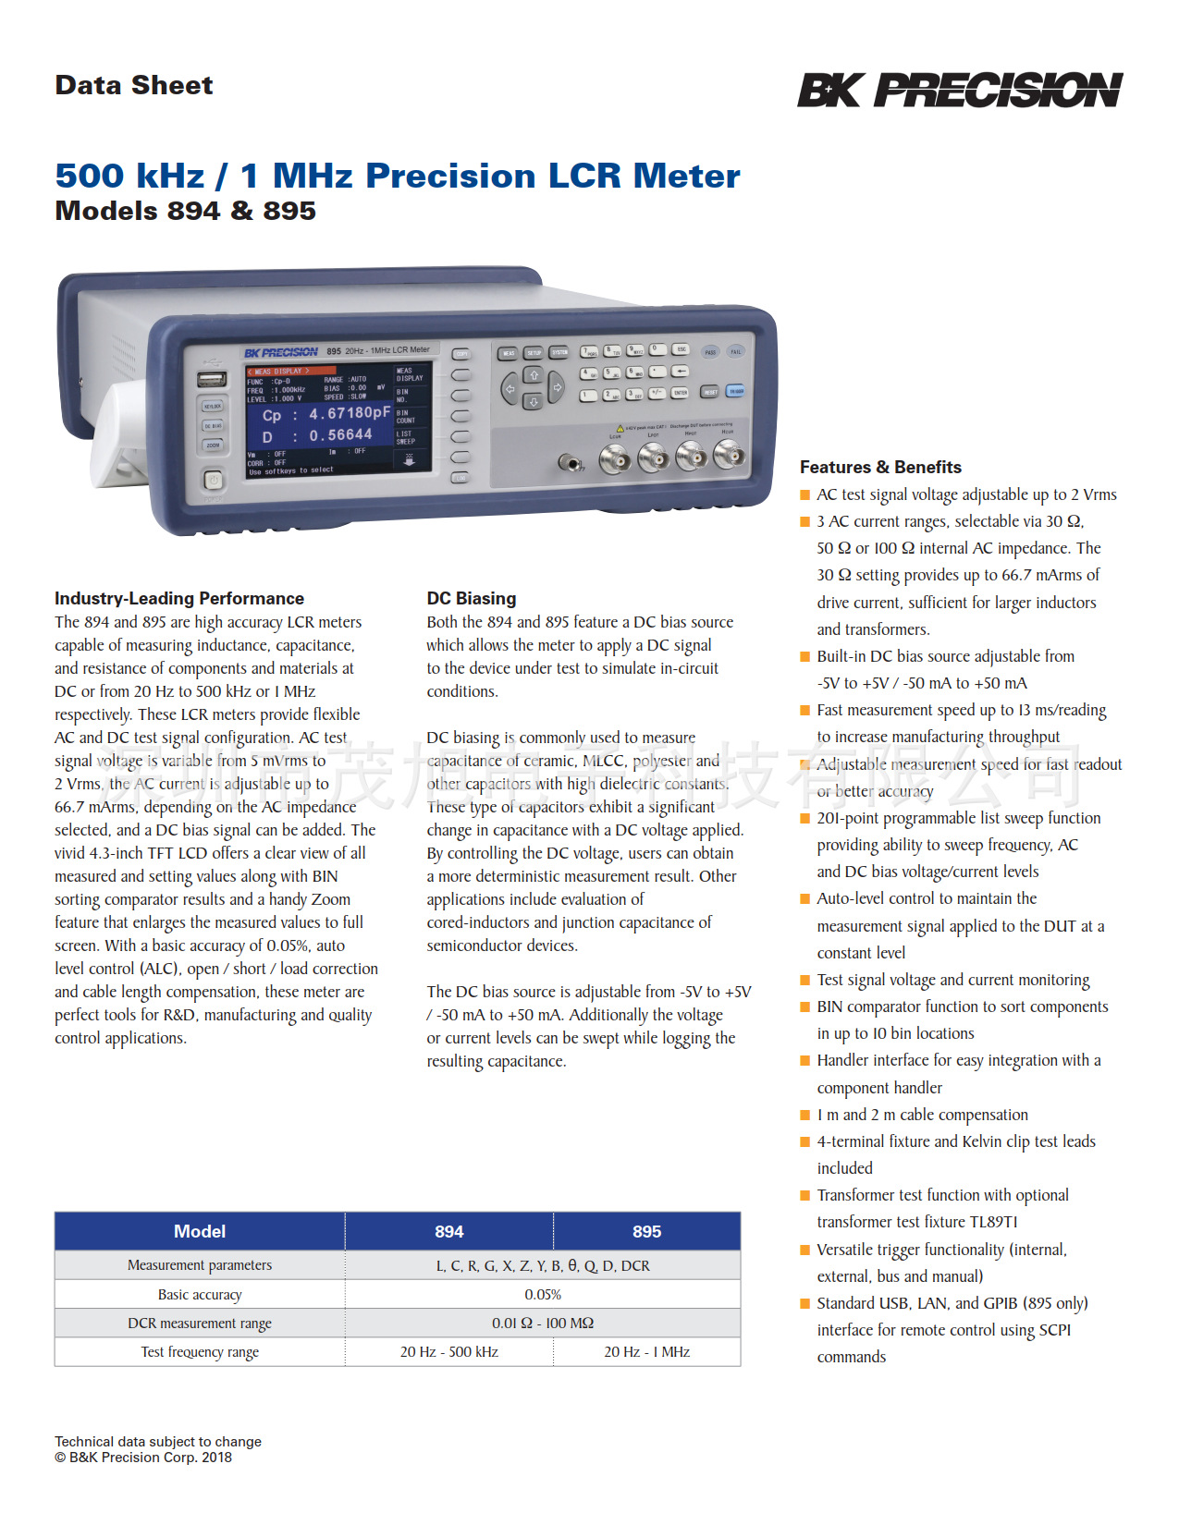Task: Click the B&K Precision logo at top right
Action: (959, 91)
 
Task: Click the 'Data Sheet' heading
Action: (134, 85)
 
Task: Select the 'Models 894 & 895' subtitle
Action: (185, 211)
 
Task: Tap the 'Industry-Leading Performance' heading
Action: (179, 598)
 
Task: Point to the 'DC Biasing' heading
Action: (472, 598)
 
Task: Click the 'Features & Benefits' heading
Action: (880, 467)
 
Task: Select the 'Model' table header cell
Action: (200, 1231)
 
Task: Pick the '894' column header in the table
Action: (449, 1231)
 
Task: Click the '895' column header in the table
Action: (647, 1231)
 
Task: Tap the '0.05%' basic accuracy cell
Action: (543, 1294)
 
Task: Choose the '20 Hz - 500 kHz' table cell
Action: (449, 1351)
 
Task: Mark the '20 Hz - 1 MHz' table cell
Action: (647, 1351)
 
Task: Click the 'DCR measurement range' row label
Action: (200, 1323)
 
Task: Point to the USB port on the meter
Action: (212, 379)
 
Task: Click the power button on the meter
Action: (213, 480)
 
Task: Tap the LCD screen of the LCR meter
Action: (338, 421)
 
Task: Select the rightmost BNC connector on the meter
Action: (729, 454)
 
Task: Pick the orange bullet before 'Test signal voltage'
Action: (804, 980)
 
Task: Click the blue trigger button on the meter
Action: (735, 391)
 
